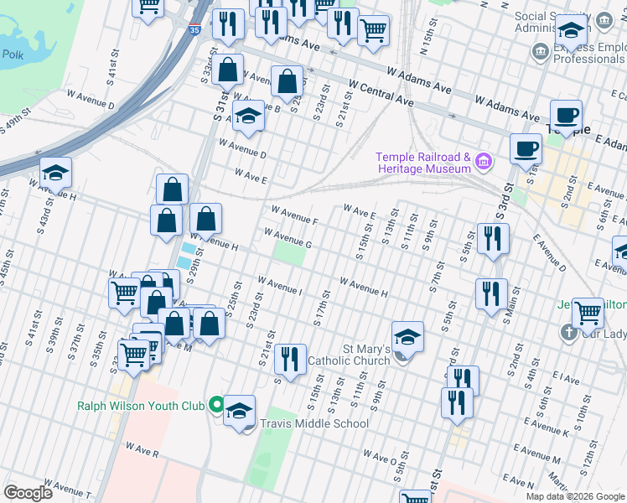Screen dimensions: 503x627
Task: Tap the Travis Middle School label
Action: [314, 423]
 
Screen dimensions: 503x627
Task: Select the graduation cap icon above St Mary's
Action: [407, 337]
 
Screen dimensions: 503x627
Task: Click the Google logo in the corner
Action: [28, 492]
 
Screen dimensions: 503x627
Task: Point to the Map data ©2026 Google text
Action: [574, 496]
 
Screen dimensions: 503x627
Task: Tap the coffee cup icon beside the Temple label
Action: [567, 115]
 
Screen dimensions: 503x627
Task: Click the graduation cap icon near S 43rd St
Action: [55, 173]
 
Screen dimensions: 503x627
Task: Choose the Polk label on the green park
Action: [13, 54]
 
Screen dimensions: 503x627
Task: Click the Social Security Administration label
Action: [552, 23]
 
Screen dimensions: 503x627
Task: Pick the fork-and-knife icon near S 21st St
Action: [290, 359]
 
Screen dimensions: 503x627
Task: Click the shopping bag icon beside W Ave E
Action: [172, 189]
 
